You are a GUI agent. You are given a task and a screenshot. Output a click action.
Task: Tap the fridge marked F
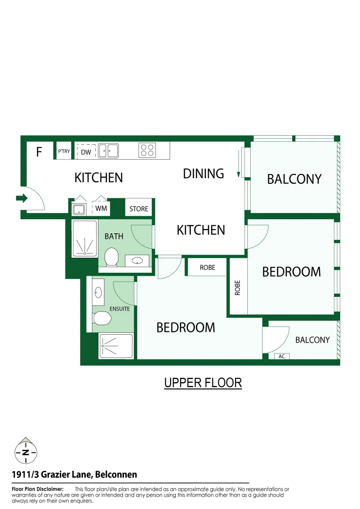pos(39,152)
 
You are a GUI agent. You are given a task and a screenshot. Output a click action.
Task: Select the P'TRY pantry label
pos(64,152)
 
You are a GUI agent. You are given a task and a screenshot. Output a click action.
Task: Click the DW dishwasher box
pos(86,152)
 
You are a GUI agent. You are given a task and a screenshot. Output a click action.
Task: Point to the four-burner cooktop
pos(147,150)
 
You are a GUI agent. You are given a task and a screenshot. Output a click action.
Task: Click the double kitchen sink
pos(108,151)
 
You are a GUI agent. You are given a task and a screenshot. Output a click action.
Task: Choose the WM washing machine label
pos(101,208)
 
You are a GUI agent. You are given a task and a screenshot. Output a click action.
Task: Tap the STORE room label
pos(139,209)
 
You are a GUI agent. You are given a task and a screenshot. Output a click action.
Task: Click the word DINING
pos(203,173)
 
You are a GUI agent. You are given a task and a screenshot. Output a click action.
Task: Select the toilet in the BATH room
pos(112,257)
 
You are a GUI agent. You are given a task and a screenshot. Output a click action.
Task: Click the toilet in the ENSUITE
pos(101,319)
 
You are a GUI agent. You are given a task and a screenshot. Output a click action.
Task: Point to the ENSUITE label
pos(119,309)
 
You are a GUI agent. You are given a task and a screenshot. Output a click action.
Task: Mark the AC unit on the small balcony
pos(282,356)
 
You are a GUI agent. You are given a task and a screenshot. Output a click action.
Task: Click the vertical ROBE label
pos(237,288)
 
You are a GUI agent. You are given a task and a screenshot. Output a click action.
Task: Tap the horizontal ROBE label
pos(207,267)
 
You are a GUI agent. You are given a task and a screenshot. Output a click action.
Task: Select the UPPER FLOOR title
pos(203,383)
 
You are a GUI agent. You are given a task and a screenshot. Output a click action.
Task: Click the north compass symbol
pos(25,452)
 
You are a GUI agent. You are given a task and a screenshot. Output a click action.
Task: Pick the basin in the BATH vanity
pos(137,260)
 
